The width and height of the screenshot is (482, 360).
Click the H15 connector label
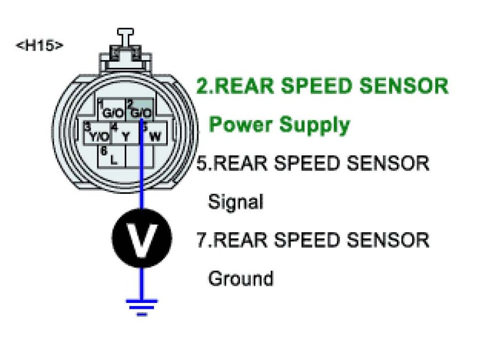pos(40,46)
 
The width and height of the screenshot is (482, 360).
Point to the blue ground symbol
pos(142,306)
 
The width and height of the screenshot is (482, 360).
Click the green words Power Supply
pos(279,124)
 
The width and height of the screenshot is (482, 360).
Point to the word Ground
pos(241,278)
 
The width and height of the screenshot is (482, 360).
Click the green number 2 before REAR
pos(202,86)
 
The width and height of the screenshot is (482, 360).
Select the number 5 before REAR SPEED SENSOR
pos(202,163)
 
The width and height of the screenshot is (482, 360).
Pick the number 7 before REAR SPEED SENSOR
pos(202,240)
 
